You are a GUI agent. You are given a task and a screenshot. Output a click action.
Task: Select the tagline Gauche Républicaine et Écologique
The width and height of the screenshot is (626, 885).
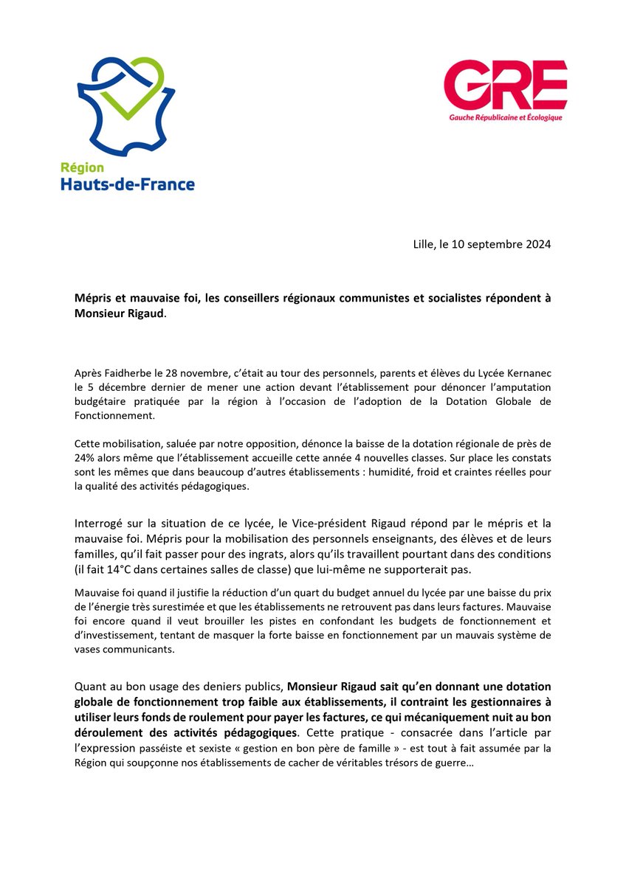tap(506, 117)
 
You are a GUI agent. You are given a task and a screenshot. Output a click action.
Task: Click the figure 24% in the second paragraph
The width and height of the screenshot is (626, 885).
tap(86, 457)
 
